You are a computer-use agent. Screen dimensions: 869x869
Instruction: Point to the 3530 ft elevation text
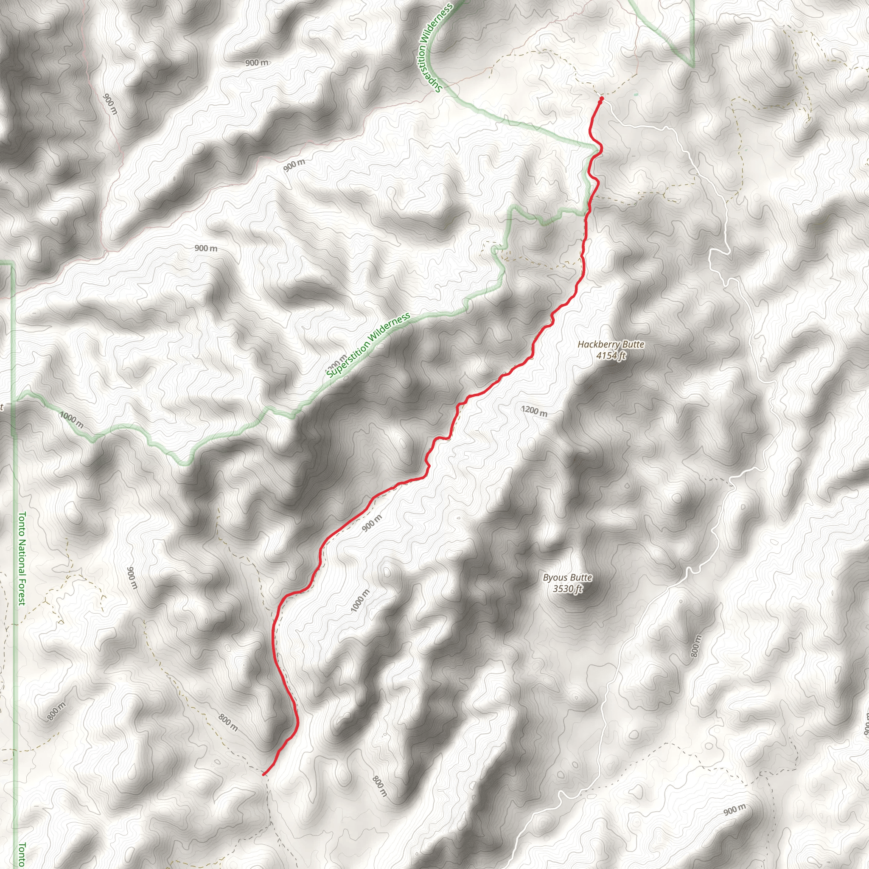click(568, 589)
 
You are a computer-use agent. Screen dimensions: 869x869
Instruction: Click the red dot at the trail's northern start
click(601, 98)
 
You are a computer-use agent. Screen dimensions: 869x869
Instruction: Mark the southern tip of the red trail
click(264, 774)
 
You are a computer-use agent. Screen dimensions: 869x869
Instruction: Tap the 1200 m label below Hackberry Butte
click(534, 411)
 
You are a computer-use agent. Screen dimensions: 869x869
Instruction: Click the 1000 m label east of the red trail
click(360, 600)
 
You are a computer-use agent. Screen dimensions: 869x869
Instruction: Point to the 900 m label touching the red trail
click(372, 523)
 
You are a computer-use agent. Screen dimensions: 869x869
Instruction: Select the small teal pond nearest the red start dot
click(636, 95)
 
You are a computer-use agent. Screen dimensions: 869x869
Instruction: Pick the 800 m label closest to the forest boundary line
click(57, 711)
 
